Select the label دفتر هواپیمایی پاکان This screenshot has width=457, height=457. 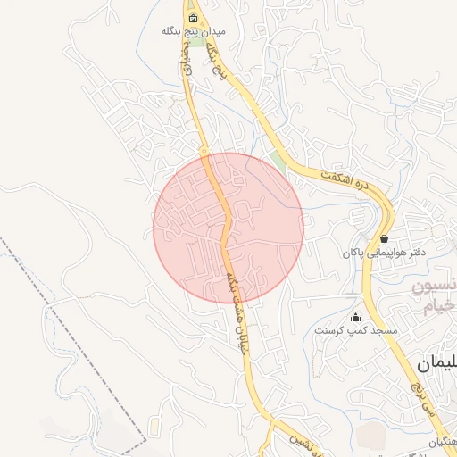tap(384, 253)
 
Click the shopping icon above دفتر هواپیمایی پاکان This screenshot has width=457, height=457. tap(384, 239)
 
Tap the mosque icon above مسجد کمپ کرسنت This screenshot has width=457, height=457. tap(355, 317)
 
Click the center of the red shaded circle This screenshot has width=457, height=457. tap(228, 228)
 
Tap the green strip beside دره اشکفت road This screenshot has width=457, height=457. tap(278, 163)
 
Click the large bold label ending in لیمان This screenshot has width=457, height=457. tap(437, 363)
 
